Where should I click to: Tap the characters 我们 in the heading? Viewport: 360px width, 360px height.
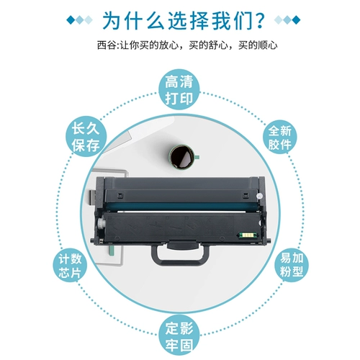pyautogui.click(x=222, y=18)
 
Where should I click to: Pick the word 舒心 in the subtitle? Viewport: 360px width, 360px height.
pyautogui.click(x=218, y=45)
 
